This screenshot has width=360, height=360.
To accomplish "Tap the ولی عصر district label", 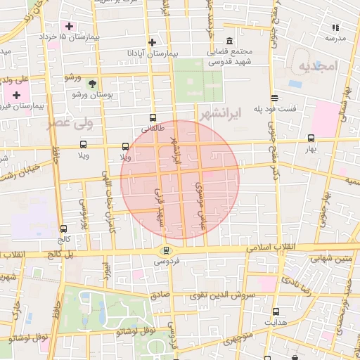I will click(x=70, y=124).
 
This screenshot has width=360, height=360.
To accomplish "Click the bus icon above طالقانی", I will click(x=153, y=118).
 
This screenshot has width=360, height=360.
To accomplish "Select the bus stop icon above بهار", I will click(x=311, y=139).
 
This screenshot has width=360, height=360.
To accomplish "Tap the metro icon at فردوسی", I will click(x=166, y=250).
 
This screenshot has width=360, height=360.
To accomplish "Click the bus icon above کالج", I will click(x=64, y=229).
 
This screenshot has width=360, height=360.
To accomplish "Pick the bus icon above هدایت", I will click(x=276, y=311).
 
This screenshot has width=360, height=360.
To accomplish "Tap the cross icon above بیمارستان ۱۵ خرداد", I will click(x=68, y=26).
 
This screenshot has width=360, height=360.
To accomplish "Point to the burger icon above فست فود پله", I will click(x=274, y=98).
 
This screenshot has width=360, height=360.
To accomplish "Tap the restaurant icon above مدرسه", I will click(x=335, y=28).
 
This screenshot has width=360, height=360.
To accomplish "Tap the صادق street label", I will click(x=161, y=295).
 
